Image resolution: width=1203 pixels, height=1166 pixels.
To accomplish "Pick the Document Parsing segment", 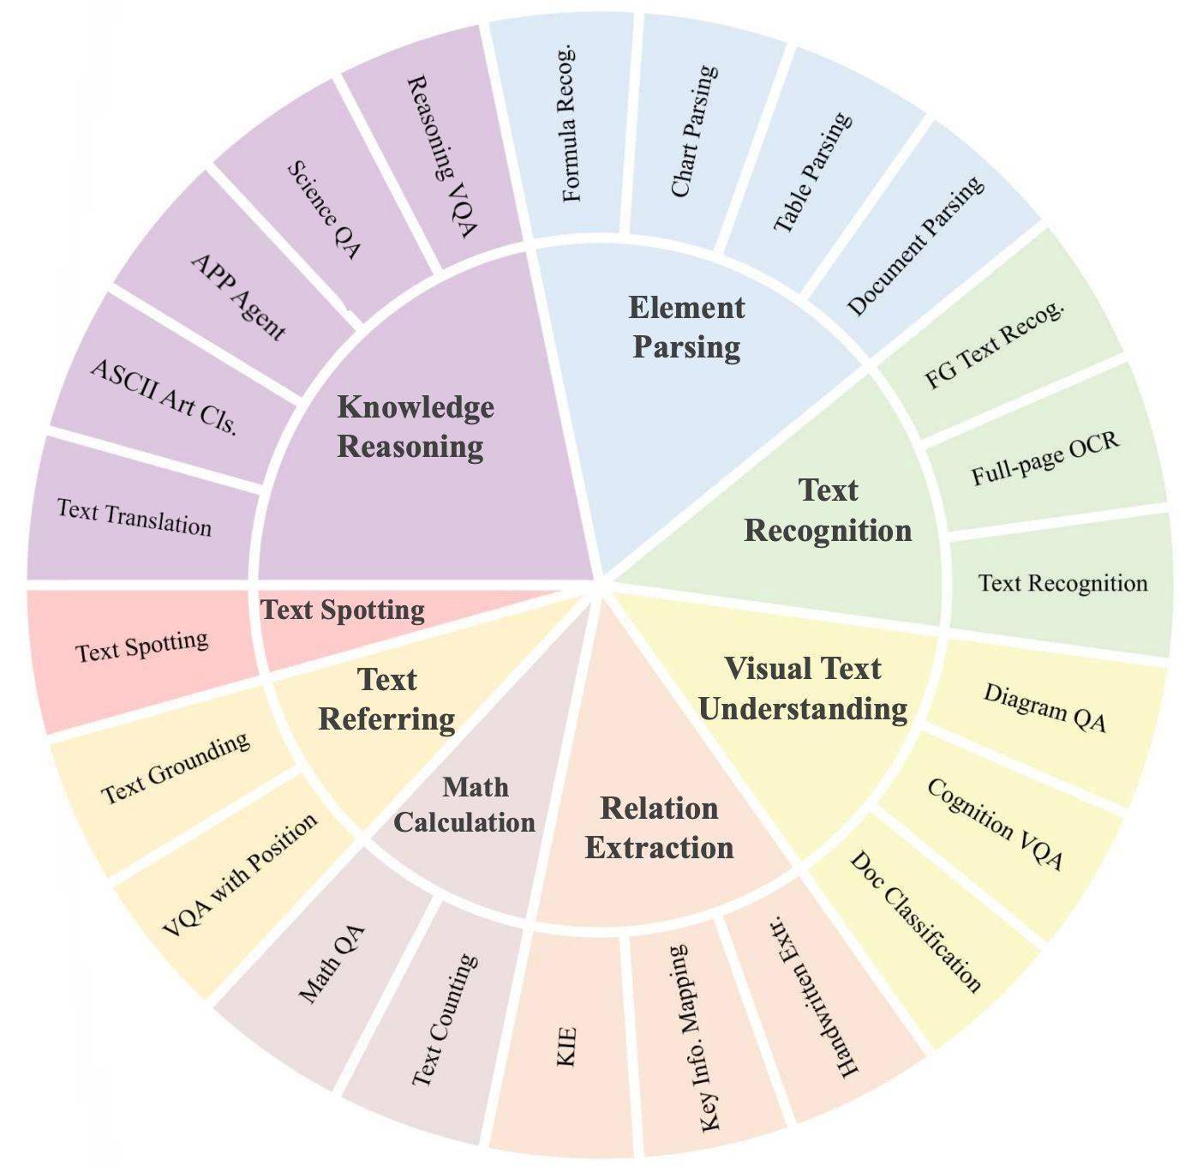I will point(915,246).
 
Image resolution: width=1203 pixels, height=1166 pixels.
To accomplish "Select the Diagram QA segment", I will point(1044,707).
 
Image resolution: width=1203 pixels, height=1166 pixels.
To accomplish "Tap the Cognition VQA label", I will point(995,824).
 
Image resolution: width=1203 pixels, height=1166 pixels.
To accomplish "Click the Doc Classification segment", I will point(915,922).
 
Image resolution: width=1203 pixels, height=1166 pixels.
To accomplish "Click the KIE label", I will point(566,1046).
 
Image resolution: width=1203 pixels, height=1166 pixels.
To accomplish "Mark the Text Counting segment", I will point(444,1020).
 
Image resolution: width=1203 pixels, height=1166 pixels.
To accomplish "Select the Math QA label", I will point(332,965).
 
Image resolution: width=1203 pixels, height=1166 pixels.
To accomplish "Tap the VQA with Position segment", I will point(239,874).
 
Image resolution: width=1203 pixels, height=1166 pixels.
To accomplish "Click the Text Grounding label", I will point(176,768).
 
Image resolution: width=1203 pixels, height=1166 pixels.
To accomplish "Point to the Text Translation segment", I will point(135,517).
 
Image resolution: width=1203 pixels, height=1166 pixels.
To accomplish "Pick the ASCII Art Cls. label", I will point(164,397).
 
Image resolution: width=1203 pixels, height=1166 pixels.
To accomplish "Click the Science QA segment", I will point(323,210).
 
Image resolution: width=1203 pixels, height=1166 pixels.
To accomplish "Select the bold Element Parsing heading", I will point(687,328).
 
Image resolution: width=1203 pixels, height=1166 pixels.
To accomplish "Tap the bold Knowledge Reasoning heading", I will point(415,426).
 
